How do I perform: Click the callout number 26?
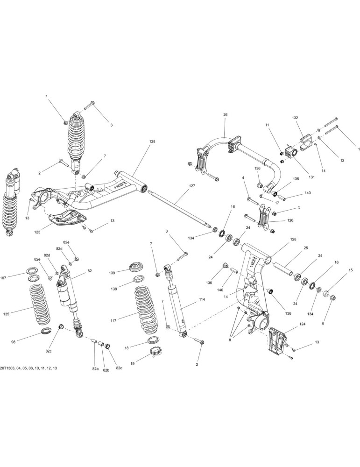[x=225, y=114]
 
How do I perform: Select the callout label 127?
[x=192, y=186]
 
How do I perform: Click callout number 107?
[x=4, y=279]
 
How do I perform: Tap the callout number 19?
[x=133, y=363]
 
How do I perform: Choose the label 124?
[x=303, y=324]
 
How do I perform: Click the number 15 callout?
[x=350, y=270]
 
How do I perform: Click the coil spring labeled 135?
[x=40, y=304]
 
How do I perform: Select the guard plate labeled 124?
[x=277, y=341]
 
